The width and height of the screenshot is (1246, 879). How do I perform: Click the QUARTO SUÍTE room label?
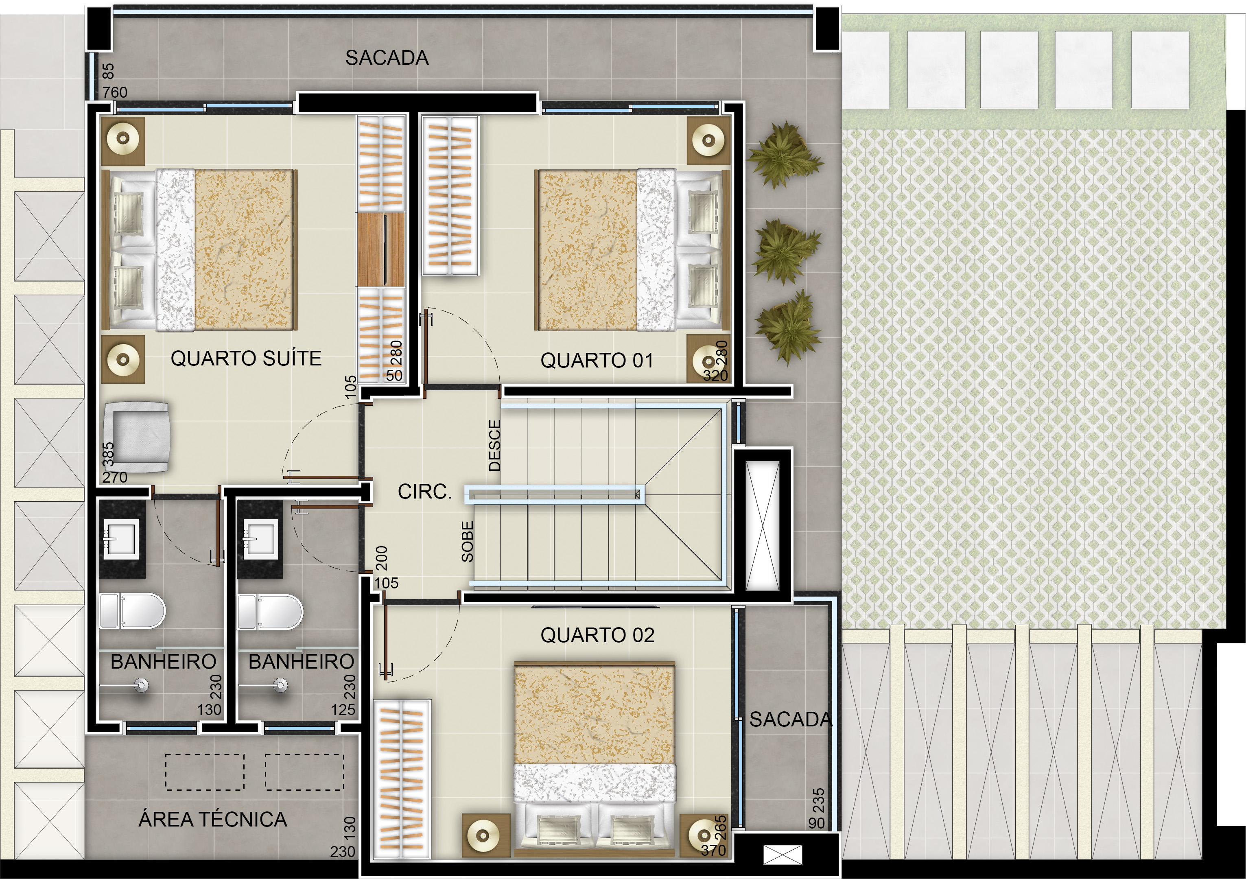[246, 358]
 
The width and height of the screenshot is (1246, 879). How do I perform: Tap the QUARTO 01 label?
[597, 360]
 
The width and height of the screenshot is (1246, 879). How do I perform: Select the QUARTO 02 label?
[597, 635]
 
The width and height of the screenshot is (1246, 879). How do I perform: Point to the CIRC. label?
[424, 492]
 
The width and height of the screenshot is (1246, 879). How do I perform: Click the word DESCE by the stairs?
[494, 446]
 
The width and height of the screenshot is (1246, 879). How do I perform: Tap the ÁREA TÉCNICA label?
[213, 819]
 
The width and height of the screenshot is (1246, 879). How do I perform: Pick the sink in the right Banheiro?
[260, 539]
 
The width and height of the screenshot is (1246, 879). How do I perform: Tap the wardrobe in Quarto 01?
[450, 195]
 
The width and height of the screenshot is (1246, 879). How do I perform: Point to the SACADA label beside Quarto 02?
[791, 719]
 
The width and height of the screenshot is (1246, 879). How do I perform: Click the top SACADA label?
[387, 57]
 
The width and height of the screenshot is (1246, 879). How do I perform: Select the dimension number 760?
[115, 92]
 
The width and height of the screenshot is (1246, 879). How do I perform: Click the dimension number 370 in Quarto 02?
[713, 850]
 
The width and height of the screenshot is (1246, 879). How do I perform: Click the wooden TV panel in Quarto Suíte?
[381, 249]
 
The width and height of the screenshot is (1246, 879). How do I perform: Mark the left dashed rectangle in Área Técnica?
[205, 772]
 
